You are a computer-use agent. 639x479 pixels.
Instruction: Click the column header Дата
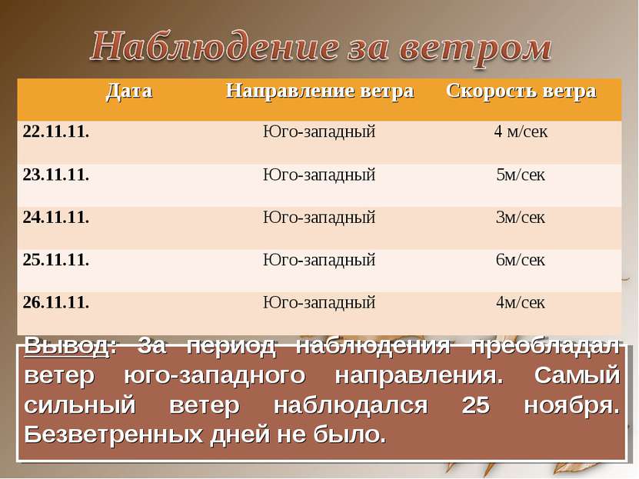[x=129, y=91]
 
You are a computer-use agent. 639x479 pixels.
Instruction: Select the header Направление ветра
[x=320, y=91]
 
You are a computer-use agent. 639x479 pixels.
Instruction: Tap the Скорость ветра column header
[x=521, y=91]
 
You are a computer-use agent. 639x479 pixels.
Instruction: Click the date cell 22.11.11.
[x=56, y=131]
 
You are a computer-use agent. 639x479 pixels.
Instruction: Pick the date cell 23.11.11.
[x=56, y=175]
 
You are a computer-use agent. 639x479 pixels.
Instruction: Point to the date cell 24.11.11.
[x=56, y=218]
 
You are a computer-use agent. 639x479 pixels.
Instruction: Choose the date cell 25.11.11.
[x=56, y=260]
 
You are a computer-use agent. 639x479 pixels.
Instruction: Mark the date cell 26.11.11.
[x=56, y=302]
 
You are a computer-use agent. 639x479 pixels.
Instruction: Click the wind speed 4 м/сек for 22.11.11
[x=521, y=131]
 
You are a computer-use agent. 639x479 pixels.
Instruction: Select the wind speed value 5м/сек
[x=521, y=175]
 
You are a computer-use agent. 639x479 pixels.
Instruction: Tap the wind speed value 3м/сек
[x=521, y=218]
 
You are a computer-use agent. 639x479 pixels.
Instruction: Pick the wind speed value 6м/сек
[x=521, y=260]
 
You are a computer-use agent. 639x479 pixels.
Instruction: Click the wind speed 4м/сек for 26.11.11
[x=521, y=302]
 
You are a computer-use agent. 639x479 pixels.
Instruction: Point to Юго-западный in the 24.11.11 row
[x=319, y=218]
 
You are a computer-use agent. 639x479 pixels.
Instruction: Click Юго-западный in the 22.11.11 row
[x=319, y=131]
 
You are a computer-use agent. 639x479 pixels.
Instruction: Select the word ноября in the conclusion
[x=571, y=405]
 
